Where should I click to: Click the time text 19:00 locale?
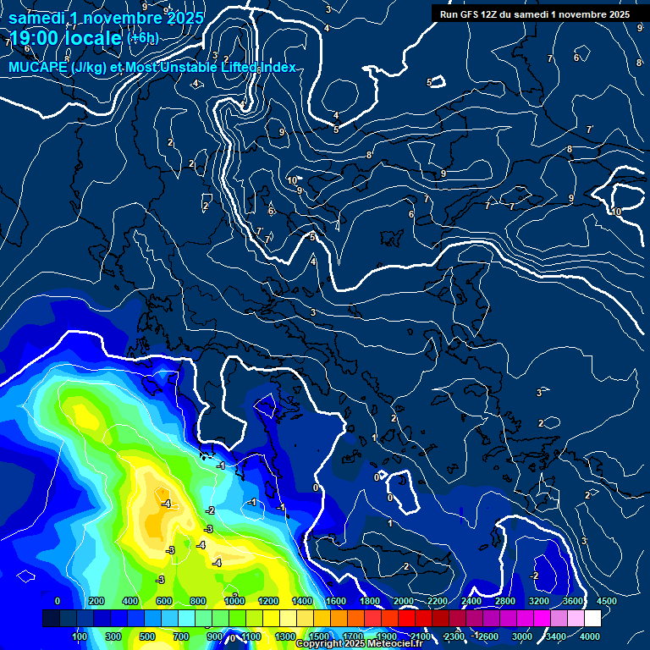click(65, 39)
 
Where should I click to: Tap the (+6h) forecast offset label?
click(142, 38)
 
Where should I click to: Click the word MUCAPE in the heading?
click(38, 67)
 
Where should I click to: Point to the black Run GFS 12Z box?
click(534, 14)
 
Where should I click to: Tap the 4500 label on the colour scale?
click(607, 601)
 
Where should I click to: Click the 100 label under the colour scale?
click(80, 636)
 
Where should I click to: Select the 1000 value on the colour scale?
click(234, 601)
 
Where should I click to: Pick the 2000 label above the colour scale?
click(403, 601)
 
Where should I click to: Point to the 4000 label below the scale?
click(590, 636)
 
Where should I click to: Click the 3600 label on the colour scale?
click(573, 601)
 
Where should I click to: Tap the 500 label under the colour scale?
click(147, 636)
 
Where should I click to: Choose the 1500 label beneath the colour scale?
click(318, 636)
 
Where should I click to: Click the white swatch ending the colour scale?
click(592, 619)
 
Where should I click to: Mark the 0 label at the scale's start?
click(58, 601)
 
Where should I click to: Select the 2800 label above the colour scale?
click(505, 601)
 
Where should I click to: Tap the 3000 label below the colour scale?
click(522, 636)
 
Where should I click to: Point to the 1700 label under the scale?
click(352, 636)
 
